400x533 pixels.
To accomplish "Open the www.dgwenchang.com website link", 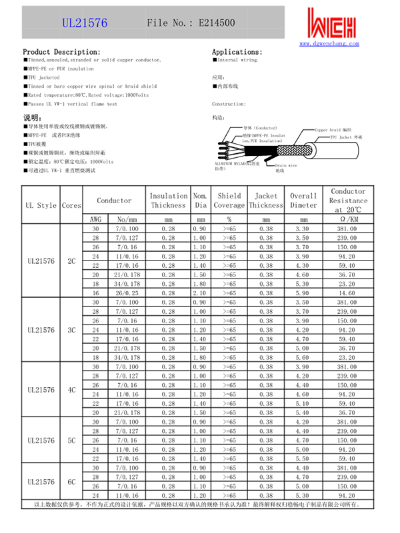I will tap(329, 43).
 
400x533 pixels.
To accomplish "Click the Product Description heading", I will tap(62, 52).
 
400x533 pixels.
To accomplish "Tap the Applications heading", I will tap(237, 52).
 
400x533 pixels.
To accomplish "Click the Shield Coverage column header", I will tap(229, 201).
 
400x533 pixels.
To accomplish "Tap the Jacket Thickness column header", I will tap(266, 201).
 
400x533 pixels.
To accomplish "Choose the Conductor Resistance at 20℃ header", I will tap(348, 201).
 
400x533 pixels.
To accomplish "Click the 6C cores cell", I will tap(71, 482).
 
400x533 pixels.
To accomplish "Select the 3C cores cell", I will tap(71, 330).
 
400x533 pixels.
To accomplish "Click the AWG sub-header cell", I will tap(95, 219).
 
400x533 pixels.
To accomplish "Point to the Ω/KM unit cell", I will tap(347, 219).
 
